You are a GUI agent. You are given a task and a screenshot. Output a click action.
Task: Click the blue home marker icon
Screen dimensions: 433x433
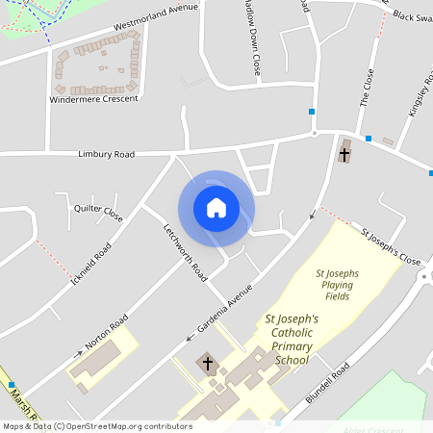tap(216, 208)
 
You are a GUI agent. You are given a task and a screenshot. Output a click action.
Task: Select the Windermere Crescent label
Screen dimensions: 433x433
tap(94, 98)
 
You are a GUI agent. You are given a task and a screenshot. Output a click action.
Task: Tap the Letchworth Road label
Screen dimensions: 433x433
tap(185, 252)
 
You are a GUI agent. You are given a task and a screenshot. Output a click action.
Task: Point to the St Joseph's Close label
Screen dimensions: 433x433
tap(391, 246)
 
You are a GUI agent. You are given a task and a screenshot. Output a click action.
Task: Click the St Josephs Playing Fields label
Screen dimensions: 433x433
tap(338, 285)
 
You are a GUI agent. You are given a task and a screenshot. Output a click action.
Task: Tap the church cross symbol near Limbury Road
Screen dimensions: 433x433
tap(344, 153)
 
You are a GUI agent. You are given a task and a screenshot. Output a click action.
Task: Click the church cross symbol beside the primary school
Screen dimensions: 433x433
tap(207, 364)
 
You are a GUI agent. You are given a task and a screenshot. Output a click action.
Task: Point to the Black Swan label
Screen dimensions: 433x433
tap(411, 16)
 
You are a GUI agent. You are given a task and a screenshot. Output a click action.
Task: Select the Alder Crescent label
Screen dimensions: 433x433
tap(375, 429)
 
